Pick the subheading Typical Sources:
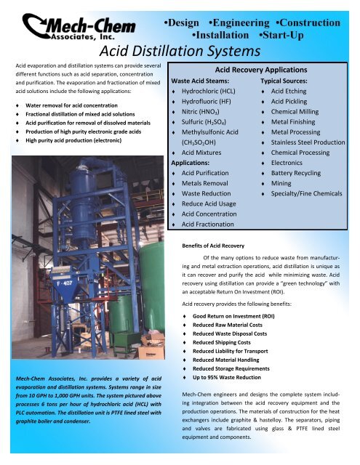click(290, 81)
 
